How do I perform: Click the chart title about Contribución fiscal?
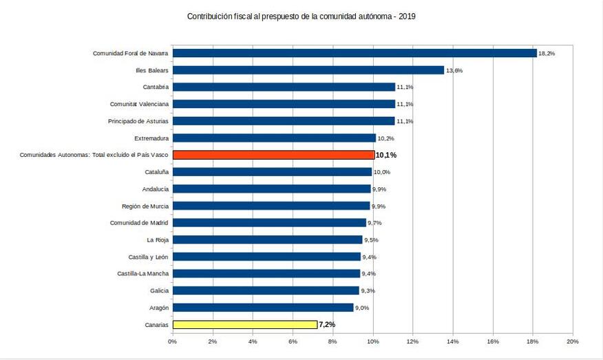[x=301, y=16]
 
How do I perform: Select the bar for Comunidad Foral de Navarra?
[x=355, y=53]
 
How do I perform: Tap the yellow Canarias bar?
[x=244, y=324]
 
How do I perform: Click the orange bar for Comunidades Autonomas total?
[x=273, y=155]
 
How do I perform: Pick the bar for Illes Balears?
[x=308, y=70]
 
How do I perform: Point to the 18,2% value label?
[x=547, y=53]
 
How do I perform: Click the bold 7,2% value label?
[x=327, y=324]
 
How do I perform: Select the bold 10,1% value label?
[x=385, y=156]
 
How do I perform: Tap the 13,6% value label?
[x=454, y=70]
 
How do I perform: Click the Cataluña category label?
[x=157, y=172]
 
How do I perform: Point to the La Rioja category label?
[x=158, y=240]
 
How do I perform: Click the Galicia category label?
[x=158, y=290]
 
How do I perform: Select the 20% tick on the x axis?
[x=572, y=341]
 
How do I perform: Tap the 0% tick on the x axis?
[x=172, y=341]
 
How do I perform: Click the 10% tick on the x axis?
[x=372, y=341]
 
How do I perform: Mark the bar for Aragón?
[x=263, y=308]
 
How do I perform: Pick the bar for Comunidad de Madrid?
[x=269, y=223]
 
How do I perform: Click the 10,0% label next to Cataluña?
[x=382, y=172]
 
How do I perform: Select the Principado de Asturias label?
[x=138, y=121]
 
